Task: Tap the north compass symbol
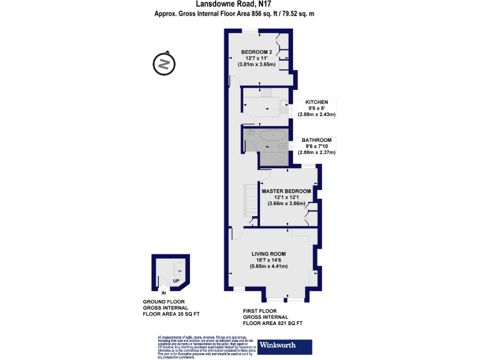pyautogui.click(x=163, y=64)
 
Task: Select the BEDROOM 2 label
pyautogui.click(x=257, y=51)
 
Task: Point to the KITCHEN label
pyautogui.click(x=317, y=102)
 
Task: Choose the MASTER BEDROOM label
pyautogui.click(x=287, y=191)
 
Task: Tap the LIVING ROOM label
pyautogui.click(x=269, y=254)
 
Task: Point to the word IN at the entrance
pyautogui.click(x=164, y=292)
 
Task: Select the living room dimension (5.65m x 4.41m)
pyautogui.click(x=269, y=266)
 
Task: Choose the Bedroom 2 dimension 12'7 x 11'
pyautogui.click(x=257, y=57)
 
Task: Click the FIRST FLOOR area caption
pyautogui.click(x=273, y=317)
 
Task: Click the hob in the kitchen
pyautogui.click(x=266, y=94)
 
